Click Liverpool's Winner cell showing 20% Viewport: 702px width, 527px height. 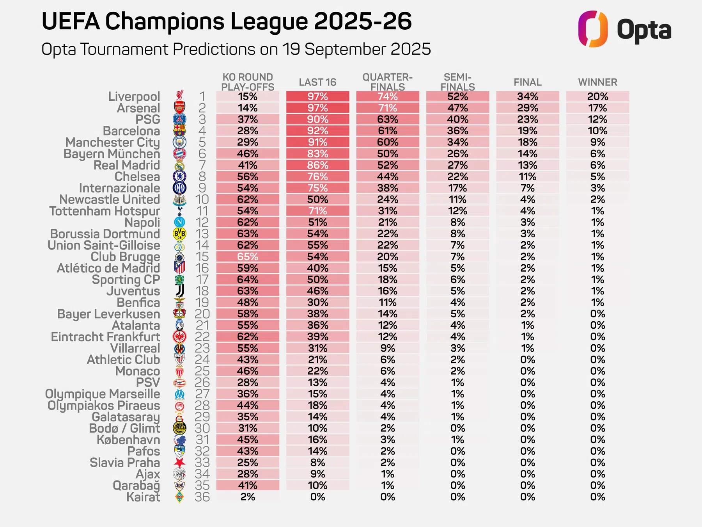pyautogui.click(x=597, y=96)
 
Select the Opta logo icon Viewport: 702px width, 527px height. pyautogui.click(x=593, y=29)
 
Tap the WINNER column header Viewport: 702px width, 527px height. pyautogui.click(x=597, y=82)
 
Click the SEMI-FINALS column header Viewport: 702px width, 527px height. pyautogui.click(x=458, y=82)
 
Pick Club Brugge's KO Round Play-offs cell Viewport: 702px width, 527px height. pyautogui.click(x=248, y=256)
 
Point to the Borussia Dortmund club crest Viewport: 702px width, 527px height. pyautogui.click(x=179, y=234)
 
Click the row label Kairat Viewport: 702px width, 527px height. pyautogui.click(x=143, y=497)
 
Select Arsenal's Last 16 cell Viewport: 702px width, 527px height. pyautogui.click(x=318, y=108)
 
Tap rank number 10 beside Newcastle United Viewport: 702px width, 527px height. pyautogui.click(x=202, y=199)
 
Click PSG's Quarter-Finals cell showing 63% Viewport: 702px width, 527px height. pyautogui.click(x=388, y=119)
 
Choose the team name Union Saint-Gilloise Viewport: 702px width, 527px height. pyautogui.click(x=104, y=245)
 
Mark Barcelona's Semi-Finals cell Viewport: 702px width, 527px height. pyautogui.click(x=457, y=131)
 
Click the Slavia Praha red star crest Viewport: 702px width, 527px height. pyautogui.click(x=179, y=463)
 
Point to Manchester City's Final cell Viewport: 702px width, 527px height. pyautogui.click(x=528, y=142)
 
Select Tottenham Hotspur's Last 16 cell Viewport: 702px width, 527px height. pyautogui.click(x=318, y=211)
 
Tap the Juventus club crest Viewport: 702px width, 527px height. pyautogui.click(x=179, y=291)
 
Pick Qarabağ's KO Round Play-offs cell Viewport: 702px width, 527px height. pyautogui.click(x=248, y=485)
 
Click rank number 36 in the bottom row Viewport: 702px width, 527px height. pyautogui.click(x=202, y=497)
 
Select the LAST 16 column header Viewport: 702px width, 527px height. pyautogui.click(x=317, y=82)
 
